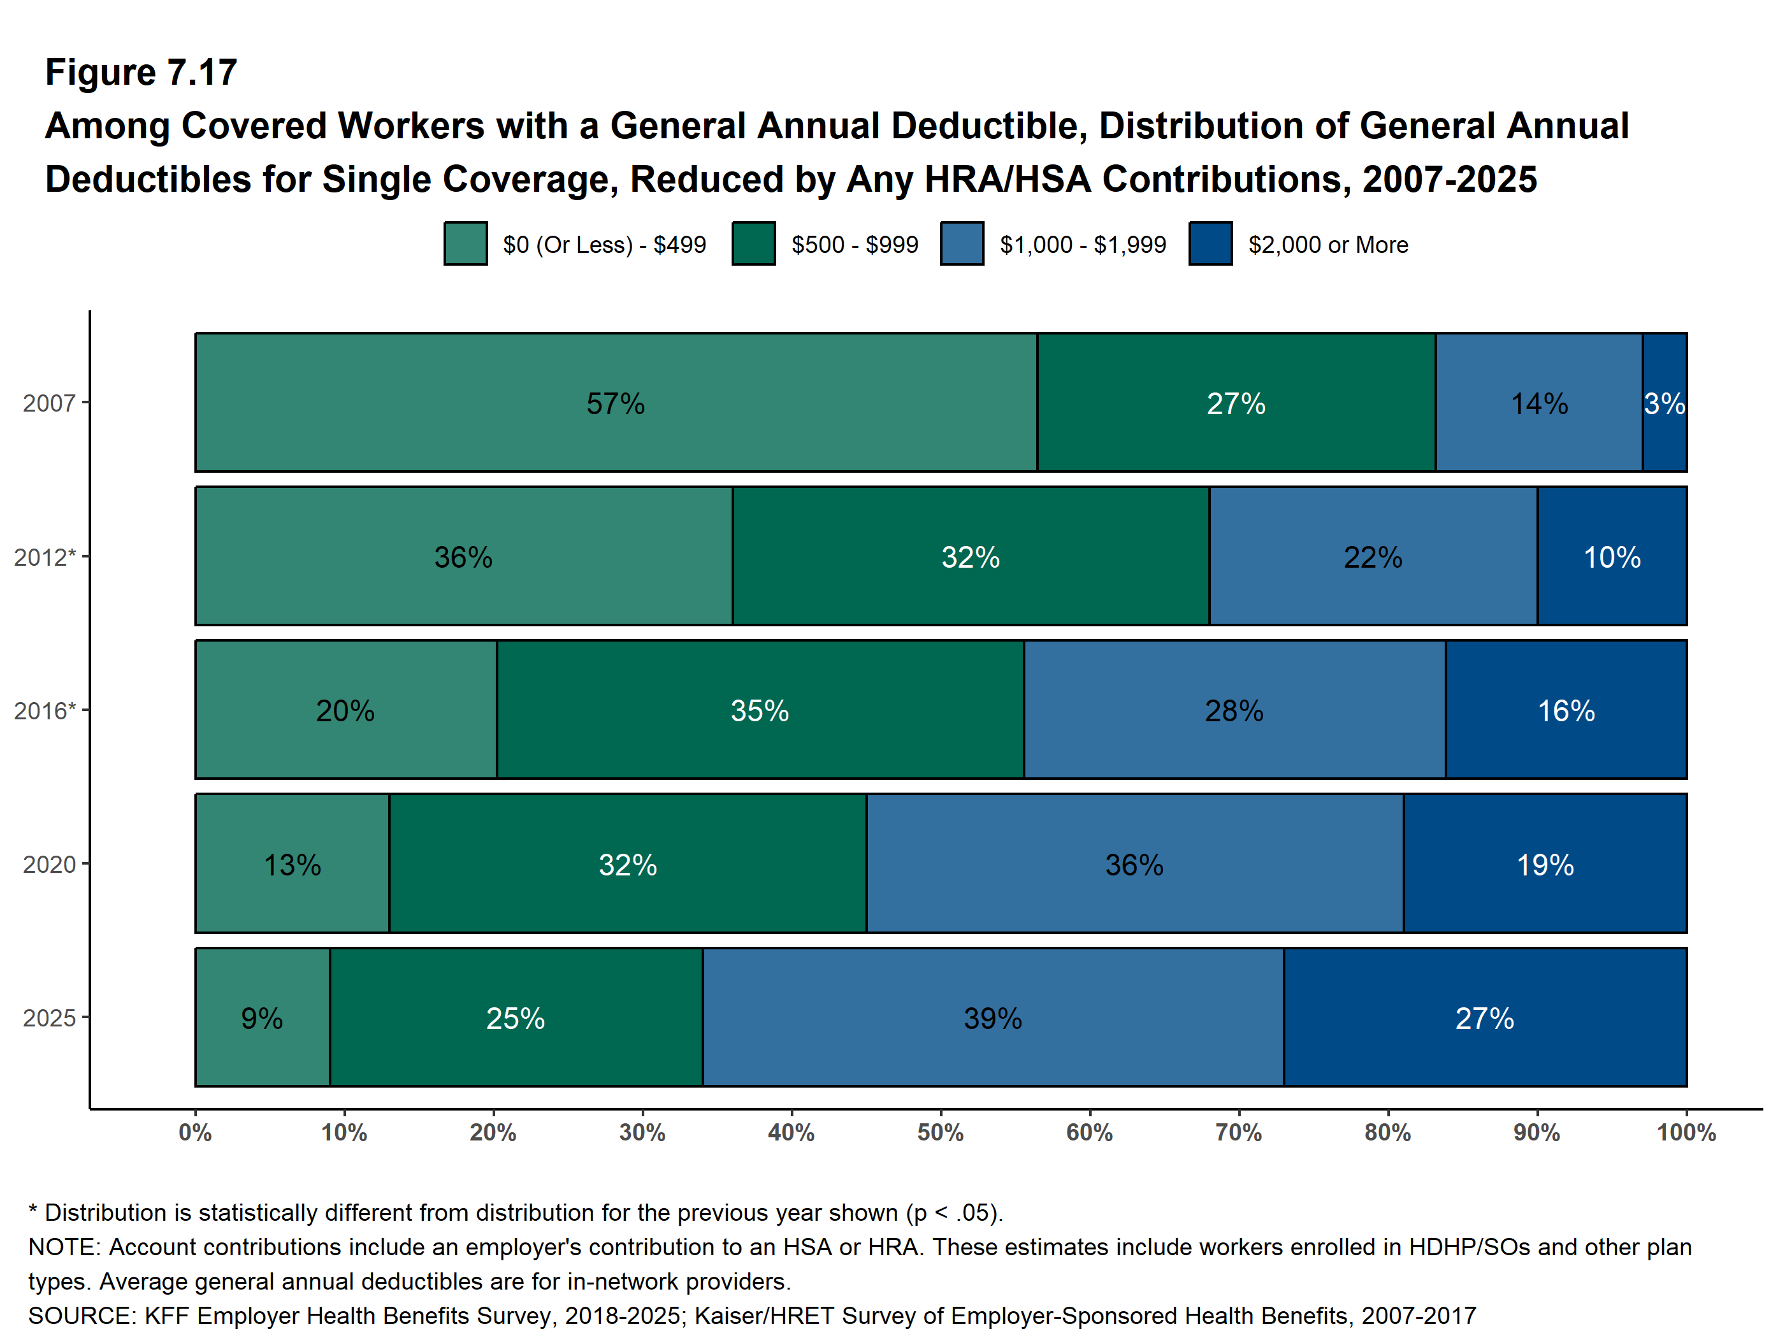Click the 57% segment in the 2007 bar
tap(616, 403)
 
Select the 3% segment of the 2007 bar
tap(1664, 403)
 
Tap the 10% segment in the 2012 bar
tap(1612, 556)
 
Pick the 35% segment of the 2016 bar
tap(760, 710)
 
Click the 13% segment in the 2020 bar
tap(292, 865)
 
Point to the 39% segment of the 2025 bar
tap(993, 1018)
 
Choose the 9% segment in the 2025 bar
tap(262, 1018)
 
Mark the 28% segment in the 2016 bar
tap(1234, 710)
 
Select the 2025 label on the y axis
tap(49, 1018)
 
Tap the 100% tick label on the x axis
tap(1686, 1133)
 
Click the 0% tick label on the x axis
tap(195, 1133)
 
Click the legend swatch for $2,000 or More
tap(1211, 243)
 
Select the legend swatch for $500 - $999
tap(753, 243)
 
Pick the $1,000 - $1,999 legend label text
tap(1083, 244)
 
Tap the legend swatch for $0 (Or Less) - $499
tap(465, 243)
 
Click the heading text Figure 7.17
tap(141, 73)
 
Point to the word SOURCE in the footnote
tap(80, 1316)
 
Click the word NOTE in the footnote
tap(62, 1247)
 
